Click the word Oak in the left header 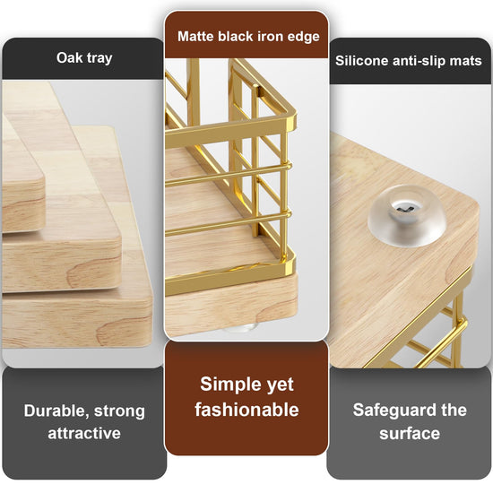(x=67, y=57)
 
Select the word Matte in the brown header (x=196, y=36)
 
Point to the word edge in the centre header (x=303, y=37)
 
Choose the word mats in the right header (x=466, y=61)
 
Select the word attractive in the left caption (x=84, y=433)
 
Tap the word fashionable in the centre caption (x=246, y=410)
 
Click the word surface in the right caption (x=410, y=434)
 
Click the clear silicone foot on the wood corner (x=407, y=216)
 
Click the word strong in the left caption (x=119, y=411)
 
